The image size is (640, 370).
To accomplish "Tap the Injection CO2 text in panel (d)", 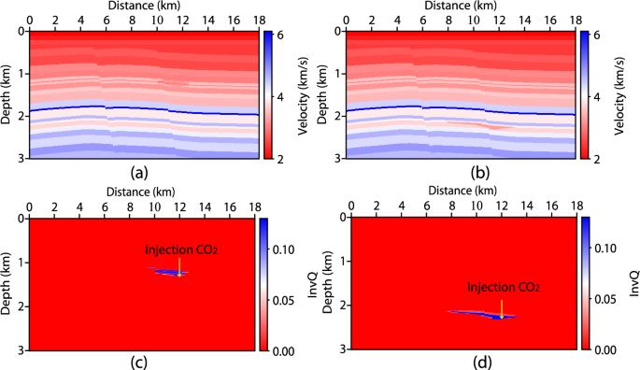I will point(503,287).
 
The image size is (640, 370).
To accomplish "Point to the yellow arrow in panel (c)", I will point(179,265).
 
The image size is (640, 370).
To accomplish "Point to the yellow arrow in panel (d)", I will point(502,307).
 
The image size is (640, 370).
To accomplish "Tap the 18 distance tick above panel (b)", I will point(572,19).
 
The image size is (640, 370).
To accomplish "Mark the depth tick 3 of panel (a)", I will point(21,160).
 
